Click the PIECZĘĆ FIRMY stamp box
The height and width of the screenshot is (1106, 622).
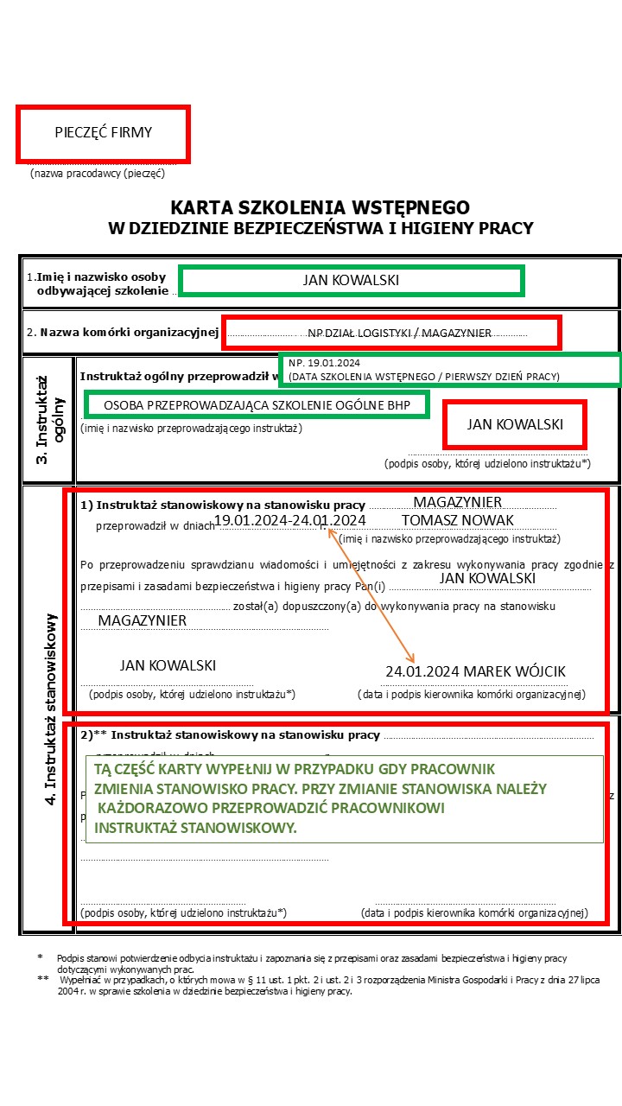pos(103,133)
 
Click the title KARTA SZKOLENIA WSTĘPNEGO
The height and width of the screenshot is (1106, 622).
pos(320,208)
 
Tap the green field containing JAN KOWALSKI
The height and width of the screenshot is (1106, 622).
pos(351,281)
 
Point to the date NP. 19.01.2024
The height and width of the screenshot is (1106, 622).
pos(324,363)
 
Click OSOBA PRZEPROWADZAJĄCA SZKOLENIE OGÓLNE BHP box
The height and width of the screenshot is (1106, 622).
pos(257,404)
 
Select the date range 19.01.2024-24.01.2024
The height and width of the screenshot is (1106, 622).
pos(289,520)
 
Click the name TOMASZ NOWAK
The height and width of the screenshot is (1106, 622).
pos(457,520)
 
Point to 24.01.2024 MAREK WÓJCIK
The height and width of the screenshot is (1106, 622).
pos(475,671)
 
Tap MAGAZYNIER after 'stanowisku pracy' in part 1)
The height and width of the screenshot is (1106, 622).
pos(457,502)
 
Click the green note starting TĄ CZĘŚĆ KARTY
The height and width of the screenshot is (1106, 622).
pos(344,799)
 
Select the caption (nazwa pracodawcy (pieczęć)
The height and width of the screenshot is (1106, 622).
pos(97,173)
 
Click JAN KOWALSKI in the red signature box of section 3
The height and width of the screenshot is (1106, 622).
pos(515,424)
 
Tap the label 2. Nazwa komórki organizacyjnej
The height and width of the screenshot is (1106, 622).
pos(122,332)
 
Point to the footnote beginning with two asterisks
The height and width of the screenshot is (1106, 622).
pos(328,986)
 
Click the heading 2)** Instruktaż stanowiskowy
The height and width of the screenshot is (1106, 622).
pos(230,736)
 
